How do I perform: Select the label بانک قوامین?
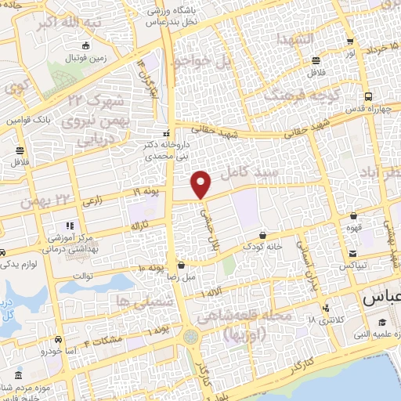click(29, 121)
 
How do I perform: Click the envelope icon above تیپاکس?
click(353, 254)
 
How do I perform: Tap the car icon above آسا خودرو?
click(59, 341)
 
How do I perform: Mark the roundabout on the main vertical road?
click(191, 337)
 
